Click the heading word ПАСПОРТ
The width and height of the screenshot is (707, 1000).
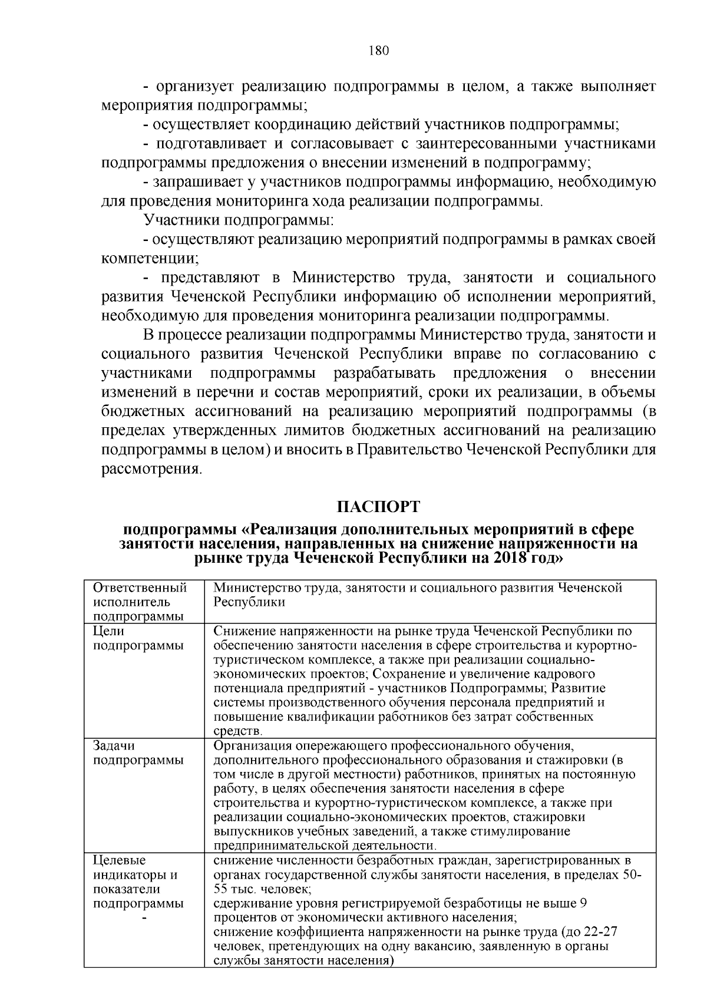(378, 507)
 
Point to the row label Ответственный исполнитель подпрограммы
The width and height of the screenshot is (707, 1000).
(140, 602)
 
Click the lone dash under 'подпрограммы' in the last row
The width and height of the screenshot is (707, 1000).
(144, 918)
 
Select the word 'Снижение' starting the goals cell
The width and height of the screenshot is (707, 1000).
(239, 631)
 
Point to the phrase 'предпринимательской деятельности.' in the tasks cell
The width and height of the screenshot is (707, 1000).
(325, 846)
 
